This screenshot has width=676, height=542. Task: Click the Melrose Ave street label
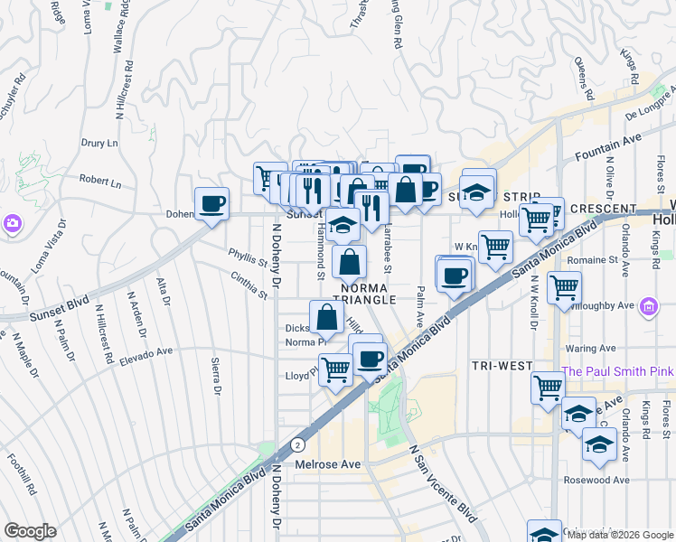328,464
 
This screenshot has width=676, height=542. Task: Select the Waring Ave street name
591,348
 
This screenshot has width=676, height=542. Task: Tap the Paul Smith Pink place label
618,371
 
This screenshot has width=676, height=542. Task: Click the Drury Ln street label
99,143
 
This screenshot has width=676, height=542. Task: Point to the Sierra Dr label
215,376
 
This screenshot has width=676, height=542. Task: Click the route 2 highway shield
297,444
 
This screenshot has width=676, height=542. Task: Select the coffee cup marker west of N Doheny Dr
211,203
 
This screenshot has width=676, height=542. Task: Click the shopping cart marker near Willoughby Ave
565,288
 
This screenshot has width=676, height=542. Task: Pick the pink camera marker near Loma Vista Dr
13,222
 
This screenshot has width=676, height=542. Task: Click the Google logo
30,531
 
